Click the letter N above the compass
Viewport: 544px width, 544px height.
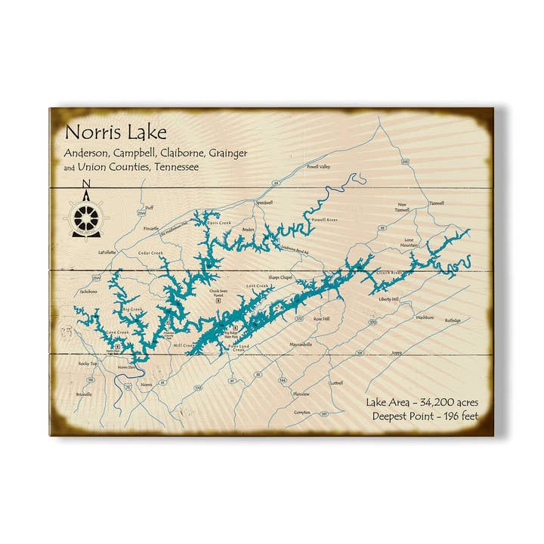point(85,184)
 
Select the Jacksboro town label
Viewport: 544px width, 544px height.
point(88,291)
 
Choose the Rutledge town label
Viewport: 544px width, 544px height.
point(452,320)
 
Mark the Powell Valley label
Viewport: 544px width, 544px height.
point(318,166)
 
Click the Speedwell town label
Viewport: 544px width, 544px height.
point(264,202)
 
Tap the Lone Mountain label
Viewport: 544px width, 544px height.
point(409,243)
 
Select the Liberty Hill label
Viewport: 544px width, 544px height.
point(388,299)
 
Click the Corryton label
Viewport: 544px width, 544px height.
point(302,413)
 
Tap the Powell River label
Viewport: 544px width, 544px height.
point(323,220)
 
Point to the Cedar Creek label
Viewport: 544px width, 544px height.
point(150,253)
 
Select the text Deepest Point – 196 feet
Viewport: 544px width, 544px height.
point(425,416)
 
